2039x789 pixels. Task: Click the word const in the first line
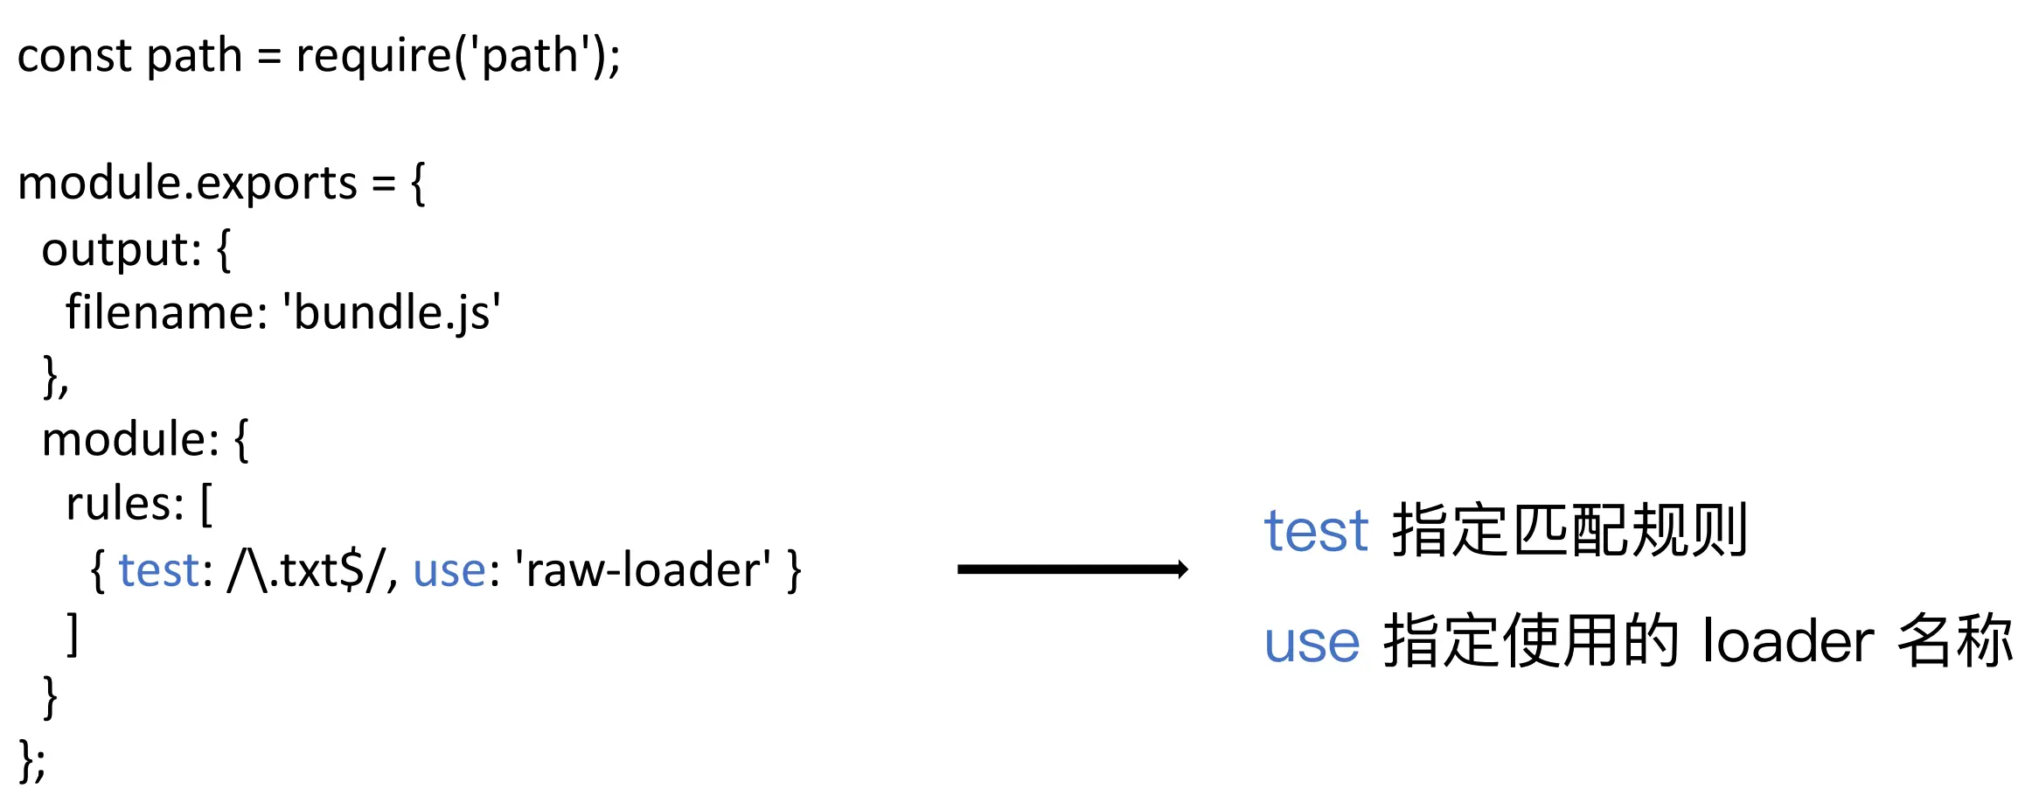click(73, 56)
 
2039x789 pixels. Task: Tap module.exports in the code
click(187, 184)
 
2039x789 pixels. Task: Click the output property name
click(121, 250)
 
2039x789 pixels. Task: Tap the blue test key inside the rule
click(159, 570)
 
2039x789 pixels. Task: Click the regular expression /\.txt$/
click(311, 570)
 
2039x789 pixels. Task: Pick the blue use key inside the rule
click(449, 570)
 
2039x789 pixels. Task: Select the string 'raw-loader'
click(644, 570)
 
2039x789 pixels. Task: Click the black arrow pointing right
click(1072, 569)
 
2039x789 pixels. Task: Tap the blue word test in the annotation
click(1315, 531)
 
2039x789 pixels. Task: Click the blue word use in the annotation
click(1312, 642)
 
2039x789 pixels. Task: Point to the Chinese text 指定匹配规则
click(1570, 530)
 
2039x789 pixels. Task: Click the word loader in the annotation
click(1787, 642)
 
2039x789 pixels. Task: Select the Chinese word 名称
click(1955, 642)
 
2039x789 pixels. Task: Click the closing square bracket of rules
click(73, 633)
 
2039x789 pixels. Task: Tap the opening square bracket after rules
click(206, 505)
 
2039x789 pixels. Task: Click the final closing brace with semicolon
click(32, 760)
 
